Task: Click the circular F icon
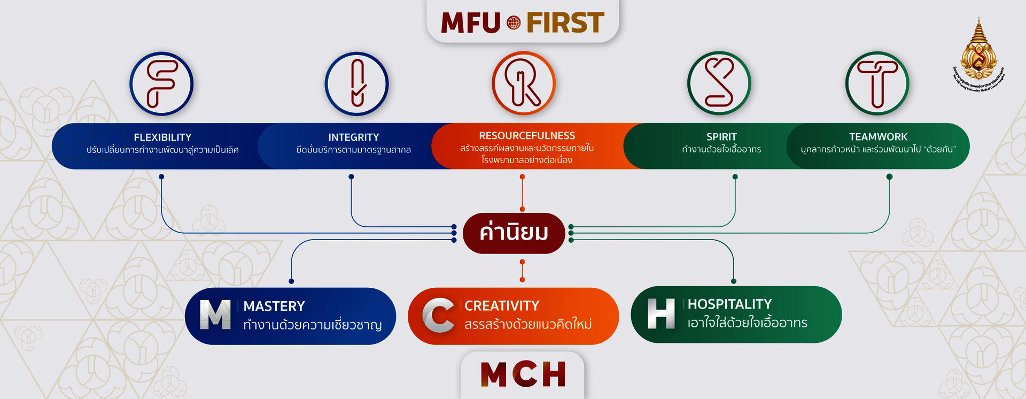161,83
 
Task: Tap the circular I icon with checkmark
356,83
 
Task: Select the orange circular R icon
524,83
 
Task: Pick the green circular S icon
719,83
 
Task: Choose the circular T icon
877,83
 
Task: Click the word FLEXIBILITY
162,137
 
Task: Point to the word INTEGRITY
354,137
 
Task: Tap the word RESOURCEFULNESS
527,136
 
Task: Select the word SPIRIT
721,137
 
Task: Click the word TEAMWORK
878,137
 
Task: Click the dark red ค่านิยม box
514,233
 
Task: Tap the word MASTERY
274,306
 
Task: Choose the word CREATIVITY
502,305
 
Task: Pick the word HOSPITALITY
729,304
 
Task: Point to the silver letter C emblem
439,315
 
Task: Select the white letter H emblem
661,313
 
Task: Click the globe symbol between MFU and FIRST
514,22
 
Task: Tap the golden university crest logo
978,53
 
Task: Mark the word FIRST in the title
565,22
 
